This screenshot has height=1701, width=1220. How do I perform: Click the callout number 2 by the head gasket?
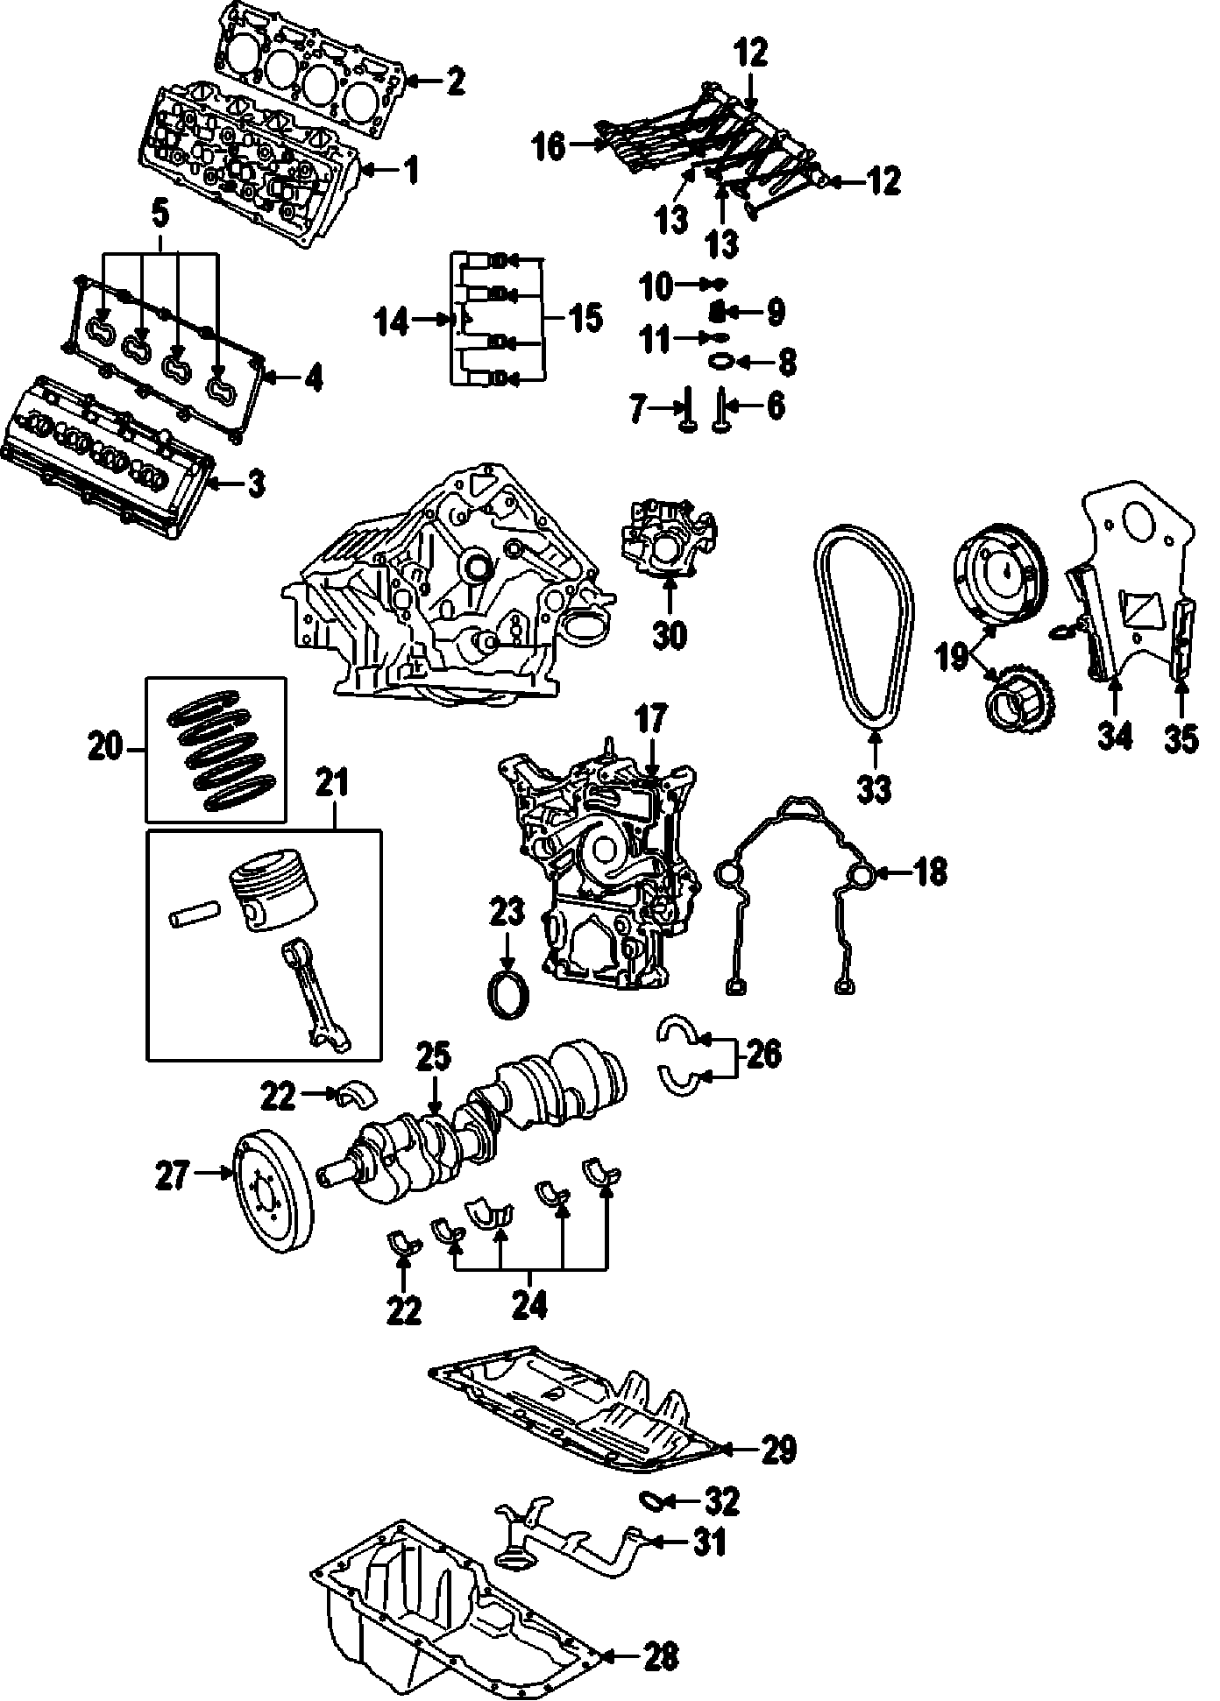pos(455,82)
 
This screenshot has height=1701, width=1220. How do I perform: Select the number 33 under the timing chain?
pos(874,788)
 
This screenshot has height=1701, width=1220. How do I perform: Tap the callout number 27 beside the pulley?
pos(173,1175)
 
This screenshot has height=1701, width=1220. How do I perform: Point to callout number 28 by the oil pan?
pos(661,1655)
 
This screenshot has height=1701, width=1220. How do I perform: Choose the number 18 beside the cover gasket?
pos(930,872)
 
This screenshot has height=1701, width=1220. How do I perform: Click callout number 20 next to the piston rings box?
pos(108,749)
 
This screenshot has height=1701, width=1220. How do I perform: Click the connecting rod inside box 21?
pos(316,999)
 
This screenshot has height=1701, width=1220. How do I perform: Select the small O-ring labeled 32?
pos(654,1500)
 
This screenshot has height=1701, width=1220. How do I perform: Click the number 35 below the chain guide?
pos(1181,738)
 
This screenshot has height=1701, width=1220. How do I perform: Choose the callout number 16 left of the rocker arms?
pos(550,146)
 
